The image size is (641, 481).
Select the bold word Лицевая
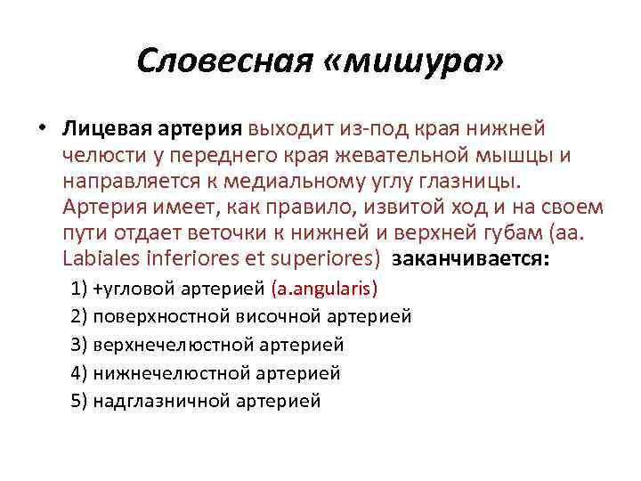point(100,130)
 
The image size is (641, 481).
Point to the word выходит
point(288,130)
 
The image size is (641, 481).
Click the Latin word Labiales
point(100,259)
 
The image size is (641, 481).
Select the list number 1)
point(78,289)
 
